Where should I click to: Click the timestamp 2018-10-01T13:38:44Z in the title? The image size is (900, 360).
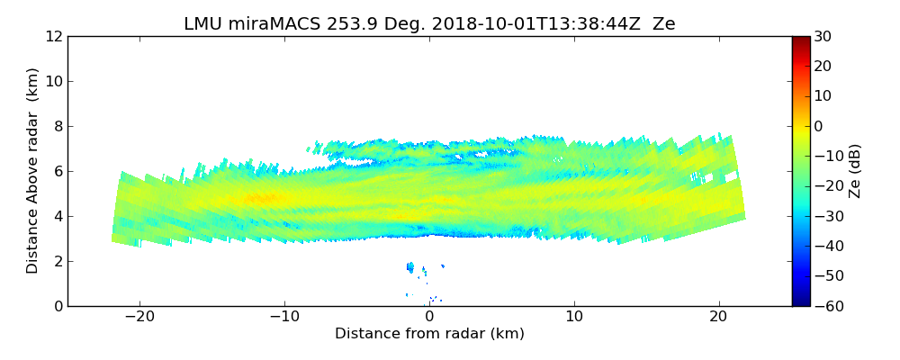pos(532,24)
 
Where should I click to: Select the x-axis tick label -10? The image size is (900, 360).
pos(284,317)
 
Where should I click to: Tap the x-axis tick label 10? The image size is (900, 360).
pos(574,317)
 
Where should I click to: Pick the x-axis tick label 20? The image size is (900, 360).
pos(719,317)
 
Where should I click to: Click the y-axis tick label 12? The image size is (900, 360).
pos(53,37)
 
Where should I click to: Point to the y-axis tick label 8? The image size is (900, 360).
pos(57,127)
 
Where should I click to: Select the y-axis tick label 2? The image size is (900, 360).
pos(57,262)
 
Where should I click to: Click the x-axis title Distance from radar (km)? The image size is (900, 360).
pos(429,334)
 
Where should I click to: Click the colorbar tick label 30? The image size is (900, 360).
pos(822,37)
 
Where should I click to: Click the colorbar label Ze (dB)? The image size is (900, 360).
pos(855,171)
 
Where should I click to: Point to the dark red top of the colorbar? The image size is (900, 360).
pos(800,40)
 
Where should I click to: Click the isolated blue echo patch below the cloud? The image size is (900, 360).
pos(411,267)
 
